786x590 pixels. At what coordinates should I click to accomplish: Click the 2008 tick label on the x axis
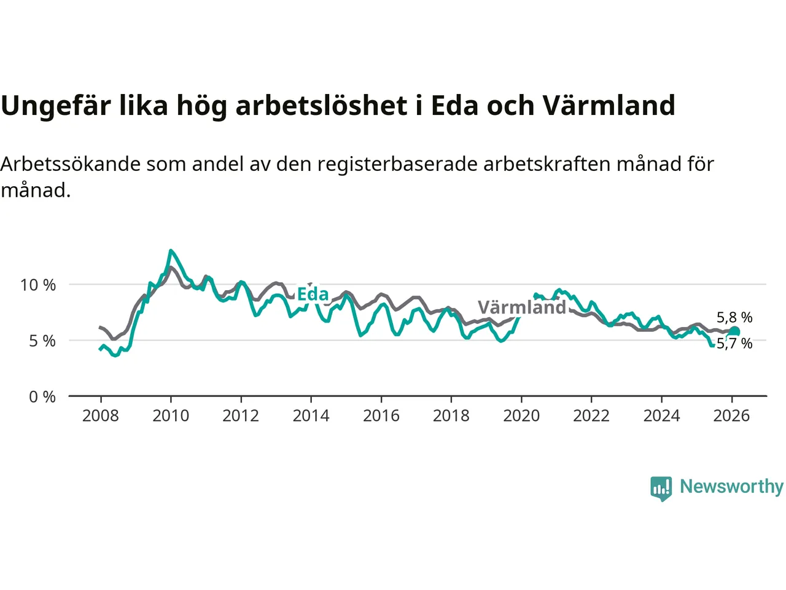pyautogui.click(x=100, y=416)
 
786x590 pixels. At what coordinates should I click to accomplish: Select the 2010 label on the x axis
pyautogui.click(x=171, y=416)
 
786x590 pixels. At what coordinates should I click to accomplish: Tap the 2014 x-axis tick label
pyautogui.click(x=311, y=416)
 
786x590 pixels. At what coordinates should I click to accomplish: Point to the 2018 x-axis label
pyautogui.click(x=451, y=416)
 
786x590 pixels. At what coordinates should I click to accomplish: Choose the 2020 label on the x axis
pyautogui.click(x=521, y=416)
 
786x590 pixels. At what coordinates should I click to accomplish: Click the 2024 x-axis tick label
pyautogui.click(x=661, y=416)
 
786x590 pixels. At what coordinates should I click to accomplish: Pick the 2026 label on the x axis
pyautogui.click(x=731, y=416)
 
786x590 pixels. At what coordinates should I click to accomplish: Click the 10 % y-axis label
pyautogui.click(x=38, y=285)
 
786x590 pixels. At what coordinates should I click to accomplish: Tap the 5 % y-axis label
pyautogui.click(x=42, y=341)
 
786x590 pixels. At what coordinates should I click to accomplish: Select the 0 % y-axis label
pyautogui.click(x=42, y=397)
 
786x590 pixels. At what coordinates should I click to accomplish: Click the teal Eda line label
pyautogui.click(x=313, y=294)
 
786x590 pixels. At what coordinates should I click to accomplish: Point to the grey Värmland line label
pyautogui.click(x=522, y=307)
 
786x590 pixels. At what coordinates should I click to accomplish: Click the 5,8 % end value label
pyautogui.click(x=734, y=318)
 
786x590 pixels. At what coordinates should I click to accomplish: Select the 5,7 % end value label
pyautogui.click(x=735, y=344)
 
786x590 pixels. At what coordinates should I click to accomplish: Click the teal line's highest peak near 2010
pyautogui.click(x=171, y=251)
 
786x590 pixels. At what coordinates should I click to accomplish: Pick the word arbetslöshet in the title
pyautogui.click(x=321, y=106)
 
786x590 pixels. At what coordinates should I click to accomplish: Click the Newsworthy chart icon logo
pyautogui.click(x=661, y=488)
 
